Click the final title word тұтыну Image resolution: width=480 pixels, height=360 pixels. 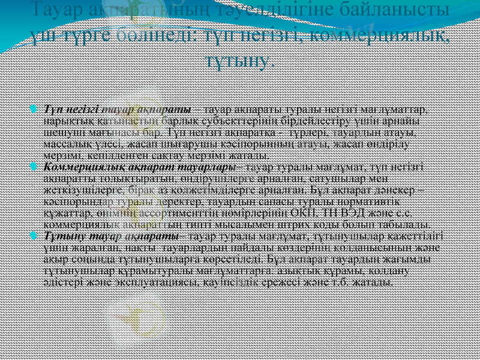pos(239,60)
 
